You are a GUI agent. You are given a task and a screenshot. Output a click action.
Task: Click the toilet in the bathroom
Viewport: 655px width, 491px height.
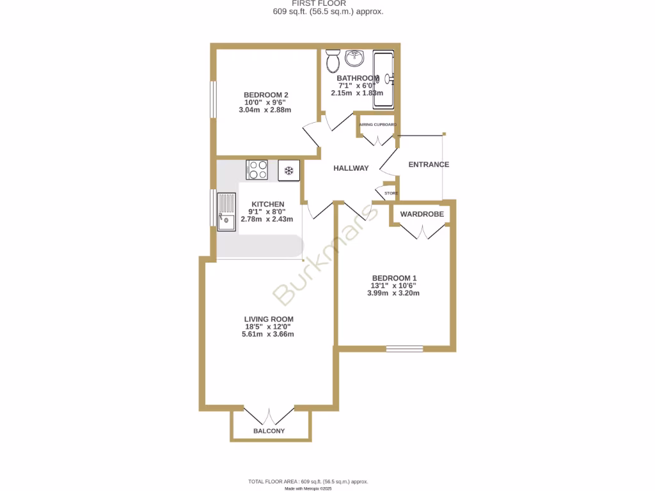(333, 62)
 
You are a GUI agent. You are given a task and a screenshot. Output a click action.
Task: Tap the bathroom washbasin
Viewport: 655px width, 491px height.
(354, 59)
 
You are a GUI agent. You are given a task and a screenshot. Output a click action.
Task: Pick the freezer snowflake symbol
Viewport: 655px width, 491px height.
(288, 170)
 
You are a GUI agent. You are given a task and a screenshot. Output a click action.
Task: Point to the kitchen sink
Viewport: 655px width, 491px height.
(226, 212)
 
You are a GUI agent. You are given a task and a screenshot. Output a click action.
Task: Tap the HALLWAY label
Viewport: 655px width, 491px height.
(351, 168)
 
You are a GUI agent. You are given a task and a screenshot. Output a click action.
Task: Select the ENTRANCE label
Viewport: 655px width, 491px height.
(429, 164)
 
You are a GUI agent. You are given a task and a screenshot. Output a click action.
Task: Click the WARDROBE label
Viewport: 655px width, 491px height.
(422, 214)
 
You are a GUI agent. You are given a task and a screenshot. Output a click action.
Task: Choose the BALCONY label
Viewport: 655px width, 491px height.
(269, 431)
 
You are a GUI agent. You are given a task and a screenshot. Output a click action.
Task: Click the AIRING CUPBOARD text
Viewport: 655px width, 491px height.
(377, 125)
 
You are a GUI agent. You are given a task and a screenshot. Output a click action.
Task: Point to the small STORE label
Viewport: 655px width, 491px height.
(391, 192)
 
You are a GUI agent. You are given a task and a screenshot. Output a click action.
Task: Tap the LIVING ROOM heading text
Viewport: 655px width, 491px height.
(269, 319)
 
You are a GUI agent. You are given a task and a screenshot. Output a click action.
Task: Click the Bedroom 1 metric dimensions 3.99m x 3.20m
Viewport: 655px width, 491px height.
(393, 293)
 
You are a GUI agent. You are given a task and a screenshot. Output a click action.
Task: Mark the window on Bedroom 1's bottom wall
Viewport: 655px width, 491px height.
(404, 348)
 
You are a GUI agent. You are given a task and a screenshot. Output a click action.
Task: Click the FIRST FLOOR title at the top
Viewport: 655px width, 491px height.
(327, 3)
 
